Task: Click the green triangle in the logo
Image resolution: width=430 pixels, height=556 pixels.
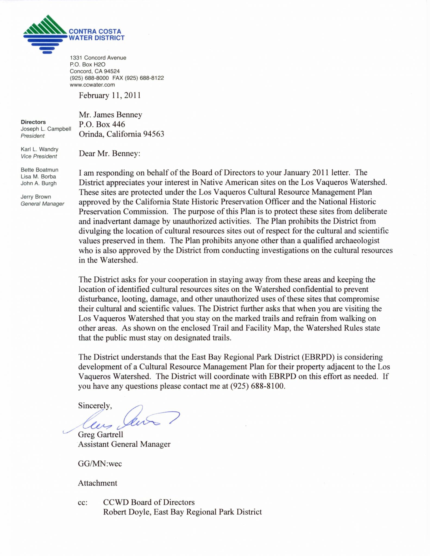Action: click(x=45, y=26)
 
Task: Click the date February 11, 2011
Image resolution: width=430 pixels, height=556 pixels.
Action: click(x=110, y=95)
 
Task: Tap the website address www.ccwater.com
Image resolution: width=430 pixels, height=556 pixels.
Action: click(x=92, y=85)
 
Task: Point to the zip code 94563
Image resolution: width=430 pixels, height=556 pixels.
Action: click(x=154, y=134)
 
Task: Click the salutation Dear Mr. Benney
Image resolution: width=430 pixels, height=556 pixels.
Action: click(x=109, y=154)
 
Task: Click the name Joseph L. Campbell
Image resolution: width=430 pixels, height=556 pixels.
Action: click(x=46, y=129)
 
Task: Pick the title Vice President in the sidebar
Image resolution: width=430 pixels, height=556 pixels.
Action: click(x=39, y=156)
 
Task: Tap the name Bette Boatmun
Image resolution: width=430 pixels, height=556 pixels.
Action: click(x=39, y=170)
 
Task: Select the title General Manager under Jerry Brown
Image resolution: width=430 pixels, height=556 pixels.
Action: click(x=42, y=204)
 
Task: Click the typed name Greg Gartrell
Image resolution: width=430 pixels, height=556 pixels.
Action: click(x=101, y=434)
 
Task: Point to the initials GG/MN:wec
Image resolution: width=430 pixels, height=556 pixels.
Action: click(x=100, y=463)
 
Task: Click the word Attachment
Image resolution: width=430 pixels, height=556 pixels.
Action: click(x=98, y=483)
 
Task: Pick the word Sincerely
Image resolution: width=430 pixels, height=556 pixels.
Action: click(x=95, y=406)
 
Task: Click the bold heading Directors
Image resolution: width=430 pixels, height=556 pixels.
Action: click(x=33, y=122)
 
